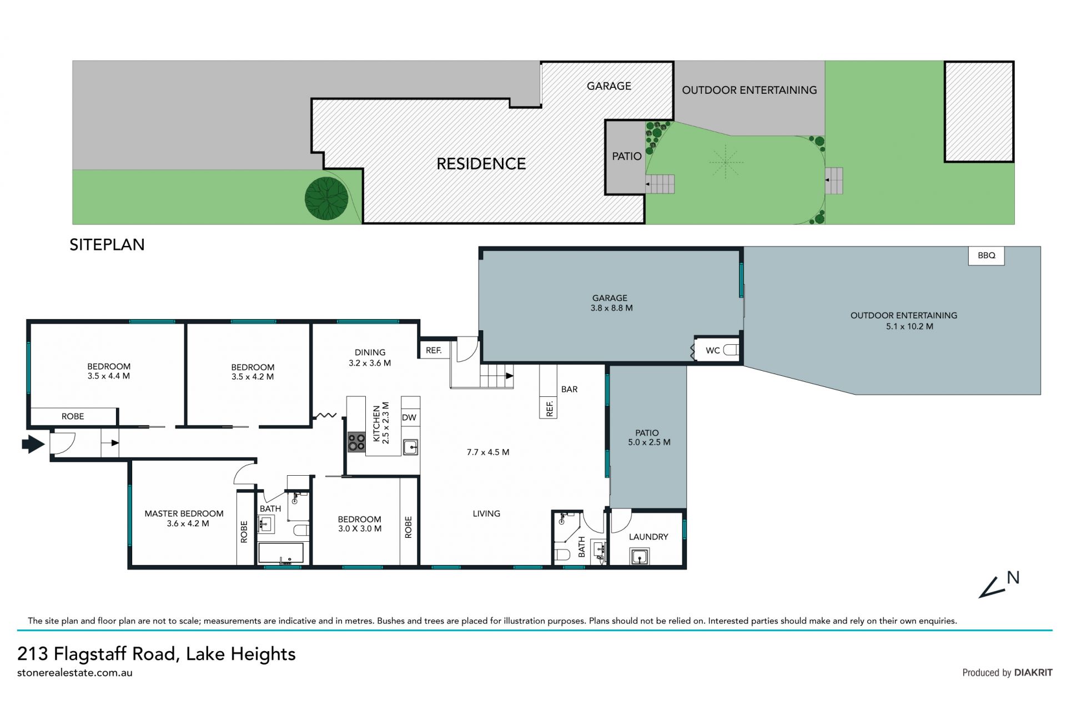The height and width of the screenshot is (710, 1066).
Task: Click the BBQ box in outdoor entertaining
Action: [986, 255]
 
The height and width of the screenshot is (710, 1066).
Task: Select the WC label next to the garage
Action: [712, 350]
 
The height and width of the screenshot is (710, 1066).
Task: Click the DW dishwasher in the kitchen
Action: [409, 417]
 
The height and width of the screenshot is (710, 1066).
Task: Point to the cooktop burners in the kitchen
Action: [356, 442]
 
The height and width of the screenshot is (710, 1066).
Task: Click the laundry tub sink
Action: [640, 556]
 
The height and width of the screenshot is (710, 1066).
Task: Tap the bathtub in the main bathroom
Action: [281, 553]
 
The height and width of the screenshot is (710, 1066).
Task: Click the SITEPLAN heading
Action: [107, 245]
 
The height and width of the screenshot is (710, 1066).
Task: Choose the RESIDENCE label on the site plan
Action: [481, 164]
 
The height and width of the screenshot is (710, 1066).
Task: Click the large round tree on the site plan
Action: [326, 198]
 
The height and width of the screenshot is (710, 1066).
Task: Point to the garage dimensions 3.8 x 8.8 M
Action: [611, 308]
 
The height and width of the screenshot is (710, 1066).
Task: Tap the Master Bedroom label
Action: [184, 513]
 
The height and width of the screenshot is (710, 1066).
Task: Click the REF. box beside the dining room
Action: [434, 350]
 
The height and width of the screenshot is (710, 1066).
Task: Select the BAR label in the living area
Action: [569, 389]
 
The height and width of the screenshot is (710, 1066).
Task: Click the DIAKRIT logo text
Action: [1033, 672]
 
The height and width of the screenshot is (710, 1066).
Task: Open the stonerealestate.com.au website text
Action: [75, 673]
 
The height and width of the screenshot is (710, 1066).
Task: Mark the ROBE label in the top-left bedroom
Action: [73, 416]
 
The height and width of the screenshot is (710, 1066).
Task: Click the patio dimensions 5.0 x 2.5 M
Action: [649, 442]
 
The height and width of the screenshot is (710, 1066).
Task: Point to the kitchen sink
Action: [410, 447]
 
